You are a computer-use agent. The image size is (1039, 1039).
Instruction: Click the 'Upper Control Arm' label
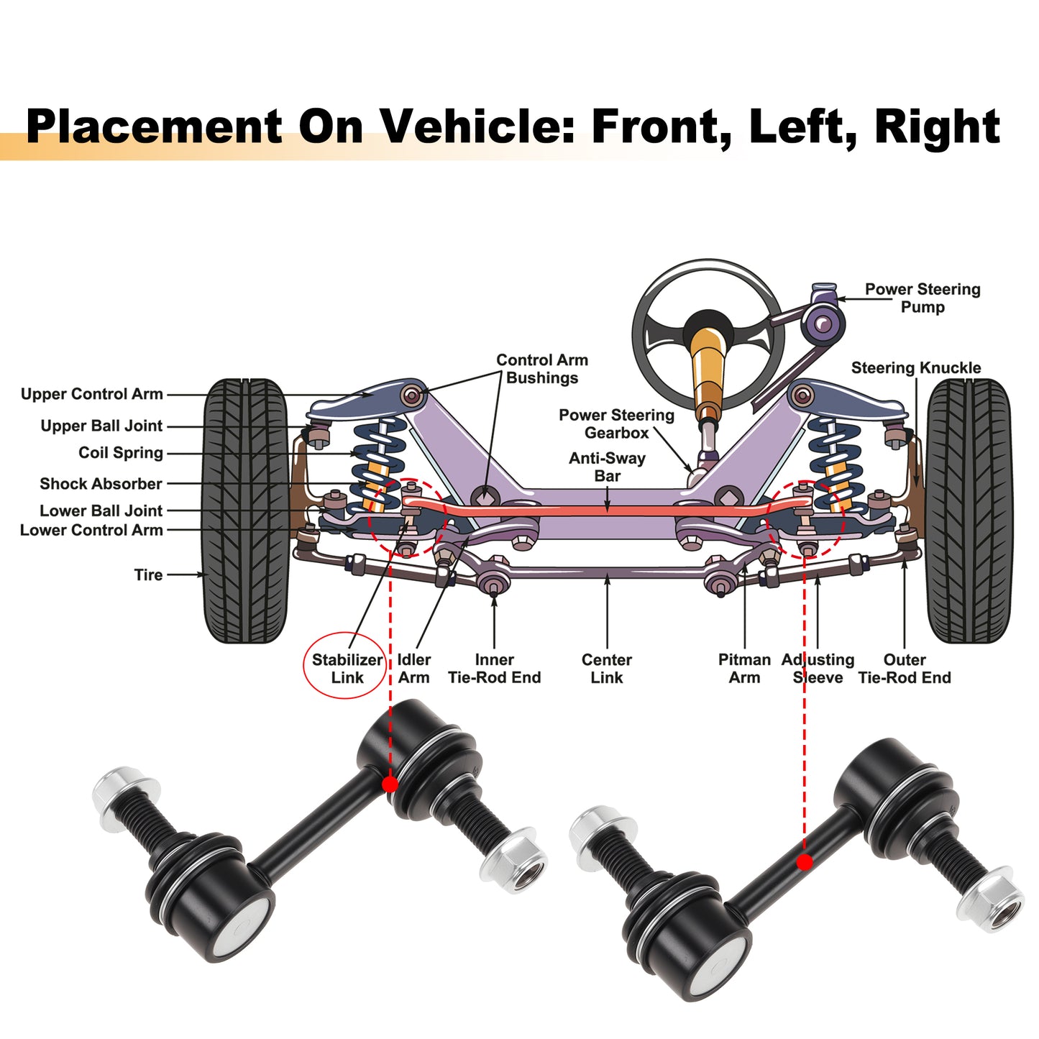pyautogui.click(x=91, y=394)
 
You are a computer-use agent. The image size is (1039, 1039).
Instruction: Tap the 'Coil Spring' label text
pyautogui.click(x=121, y=452)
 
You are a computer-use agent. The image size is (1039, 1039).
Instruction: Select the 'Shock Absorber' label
pyautogui.click(x=101, y=484)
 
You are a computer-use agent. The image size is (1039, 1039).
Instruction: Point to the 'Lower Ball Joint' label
pyautogui.click(x=101, y=510)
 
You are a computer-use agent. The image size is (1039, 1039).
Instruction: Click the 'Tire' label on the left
pyautogui.click(x=148, y=575)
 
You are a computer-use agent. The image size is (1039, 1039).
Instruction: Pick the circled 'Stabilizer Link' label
pyautogui.click(x=347, y=669)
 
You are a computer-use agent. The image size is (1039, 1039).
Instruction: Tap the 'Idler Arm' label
pyautogui.click(x=413, y=669)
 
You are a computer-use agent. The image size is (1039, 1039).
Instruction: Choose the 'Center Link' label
pyautogui.click(x=607, y=669)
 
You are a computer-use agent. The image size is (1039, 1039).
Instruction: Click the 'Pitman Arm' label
pyautogui.click(x=744, y=669)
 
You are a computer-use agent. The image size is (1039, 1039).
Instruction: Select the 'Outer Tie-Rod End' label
pyautogui.click(x=905, y=669)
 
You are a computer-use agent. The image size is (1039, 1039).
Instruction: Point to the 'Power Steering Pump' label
pyautogui.click(x=923, y=298)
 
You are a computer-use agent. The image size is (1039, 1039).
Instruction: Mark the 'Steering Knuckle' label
pyautogui.click(x=916, y=367)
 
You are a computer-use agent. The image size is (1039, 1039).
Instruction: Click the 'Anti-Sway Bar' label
pyautogui.click(x=607, y=467)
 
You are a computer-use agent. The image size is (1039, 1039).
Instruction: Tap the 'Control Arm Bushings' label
pyautogui.click(x=542, y=369)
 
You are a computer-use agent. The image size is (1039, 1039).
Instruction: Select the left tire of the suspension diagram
pyautogui.click(x=245, y=511)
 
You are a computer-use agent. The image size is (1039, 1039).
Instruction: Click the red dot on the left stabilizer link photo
pyautogui.click(x=390, y=784)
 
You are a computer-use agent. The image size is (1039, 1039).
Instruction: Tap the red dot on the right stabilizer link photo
pyautogui.click(x=805, y=862)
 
